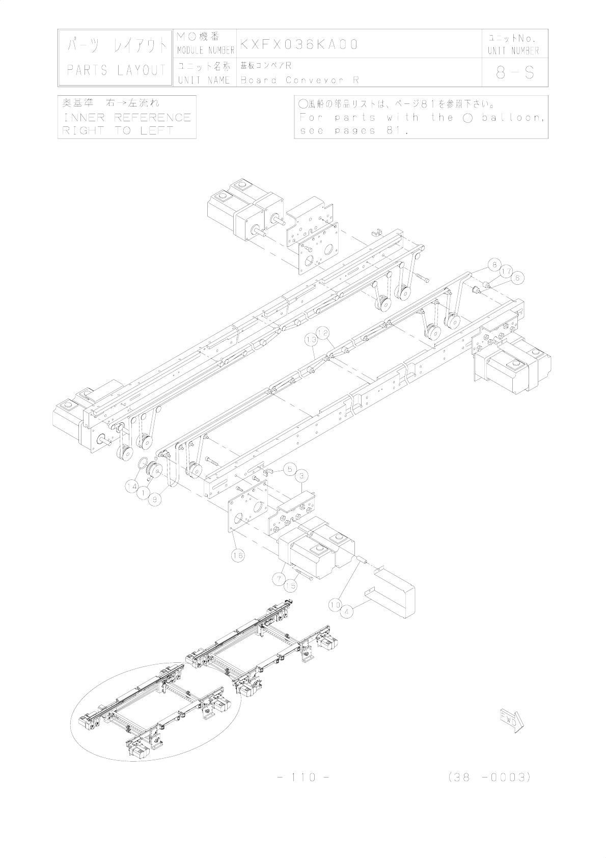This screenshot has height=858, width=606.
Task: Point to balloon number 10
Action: [x=335, y=605]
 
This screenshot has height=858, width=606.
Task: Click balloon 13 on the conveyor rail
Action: [x=311, y=339]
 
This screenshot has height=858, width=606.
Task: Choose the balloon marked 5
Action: [x=289, y=468]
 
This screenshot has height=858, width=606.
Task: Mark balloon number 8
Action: [x=493, y=265]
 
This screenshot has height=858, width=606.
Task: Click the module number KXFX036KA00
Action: [x=299, y=44]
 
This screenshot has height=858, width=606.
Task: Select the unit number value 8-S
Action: [x=515, y=73]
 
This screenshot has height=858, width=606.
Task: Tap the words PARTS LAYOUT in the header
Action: [x=117, y=70]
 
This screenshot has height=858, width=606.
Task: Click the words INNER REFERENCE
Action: [x=126, y=118]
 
